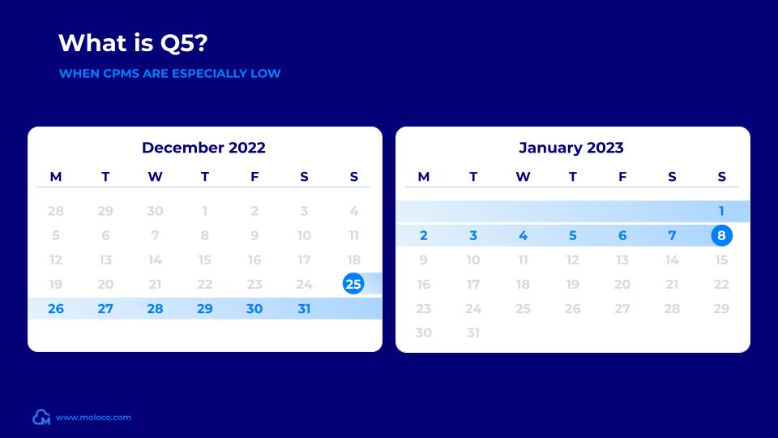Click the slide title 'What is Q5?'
click(x=137, y=42)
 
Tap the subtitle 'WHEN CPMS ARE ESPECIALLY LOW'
click(x=169, y=74)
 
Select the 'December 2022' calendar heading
click(x=203, y=148)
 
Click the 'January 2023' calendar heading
click(x=571, y=148)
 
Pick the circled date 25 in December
click(x=353, y=284)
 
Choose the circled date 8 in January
click(x=721, y=236)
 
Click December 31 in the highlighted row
click(x=304, y=308)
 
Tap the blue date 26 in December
click(x=56, y=308)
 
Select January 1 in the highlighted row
click(x=721, y=212)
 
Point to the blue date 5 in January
click(x=573, y=236)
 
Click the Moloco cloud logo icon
click(x=41, y=418)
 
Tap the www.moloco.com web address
click(x=93, y=418)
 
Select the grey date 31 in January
click(x=473, y=333)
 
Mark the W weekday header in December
click(x=155, y=177)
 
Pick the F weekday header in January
click(x=622, y=177)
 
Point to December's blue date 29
click(x=205, y=308)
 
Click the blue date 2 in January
click(x=424, y=236)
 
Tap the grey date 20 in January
click(x=622, y=285)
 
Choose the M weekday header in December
click(x=56, y=177)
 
